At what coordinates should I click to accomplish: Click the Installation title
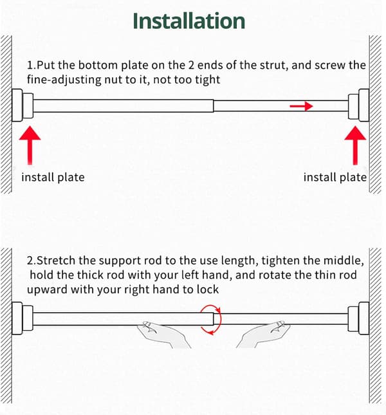tap(188, 21)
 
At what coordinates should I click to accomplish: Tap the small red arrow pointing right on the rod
tap(301, 106)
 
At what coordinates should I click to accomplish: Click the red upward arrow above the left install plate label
tap(30, 145)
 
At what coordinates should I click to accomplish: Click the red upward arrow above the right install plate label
tap(355, 145)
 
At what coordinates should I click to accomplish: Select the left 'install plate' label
tap(53, 178)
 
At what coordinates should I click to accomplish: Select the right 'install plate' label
tap(335, 178)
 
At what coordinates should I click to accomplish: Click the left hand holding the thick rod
tap(163, 335)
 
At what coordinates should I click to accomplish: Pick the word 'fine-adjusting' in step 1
tap(64, 80)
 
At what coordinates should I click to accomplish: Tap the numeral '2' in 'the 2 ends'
tap(191, 65)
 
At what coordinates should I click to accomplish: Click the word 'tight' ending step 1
tap(208, 80)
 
